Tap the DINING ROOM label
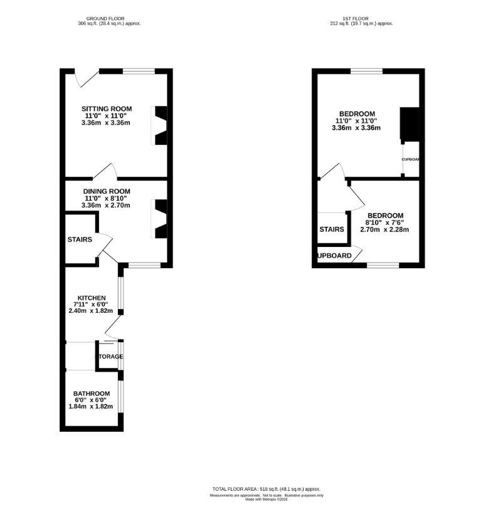(106, 191)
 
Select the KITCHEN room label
(91, 298)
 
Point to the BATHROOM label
(91, 393)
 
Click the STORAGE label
(109, 357)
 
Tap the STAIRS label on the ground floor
(80, 239)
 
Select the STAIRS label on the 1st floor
(332, 229)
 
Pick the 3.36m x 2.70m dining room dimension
(106, 205)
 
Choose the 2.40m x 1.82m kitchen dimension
(91, 311)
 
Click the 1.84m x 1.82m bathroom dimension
(91, 406)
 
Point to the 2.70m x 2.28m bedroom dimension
(384, 229)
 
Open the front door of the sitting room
(85, 79)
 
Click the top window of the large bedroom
(366, 71)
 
